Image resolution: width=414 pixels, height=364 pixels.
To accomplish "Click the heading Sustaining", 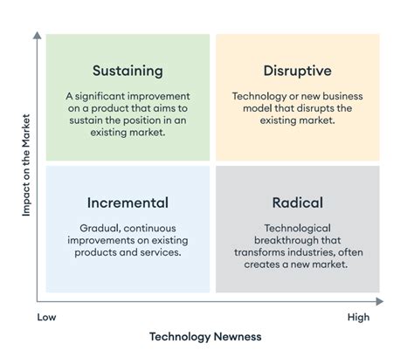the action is pyautogui.click(x=128, y=72).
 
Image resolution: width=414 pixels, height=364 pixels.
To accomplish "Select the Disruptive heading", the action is pyautogui.click(x=298, y=71).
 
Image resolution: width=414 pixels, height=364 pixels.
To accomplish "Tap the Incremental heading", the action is pyautogui.click(x=128, y=203).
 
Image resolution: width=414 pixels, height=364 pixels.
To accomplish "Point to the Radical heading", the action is pyautogui.click(x=298, y=203).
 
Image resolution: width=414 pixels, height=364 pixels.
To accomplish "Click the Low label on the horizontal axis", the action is pyautogui.click(x=46, y=317).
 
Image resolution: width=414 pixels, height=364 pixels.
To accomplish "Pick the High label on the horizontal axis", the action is pyautogui.click(x=358, y=317).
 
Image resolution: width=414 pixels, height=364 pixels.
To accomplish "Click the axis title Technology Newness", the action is pyautogui.click(x=205, y=337).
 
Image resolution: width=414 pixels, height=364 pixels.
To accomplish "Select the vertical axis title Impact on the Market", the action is pyautogui.click(x=26, y=165).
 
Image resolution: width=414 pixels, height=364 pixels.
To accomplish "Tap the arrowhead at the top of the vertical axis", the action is pyautogui.click(x=38, y=35).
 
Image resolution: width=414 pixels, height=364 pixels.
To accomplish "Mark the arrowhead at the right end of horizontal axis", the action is pyautogui.click(x=380, y=301).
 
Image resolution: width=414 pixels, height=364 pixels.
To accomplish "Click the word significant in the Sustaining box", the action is pyautogui.click(x=100, y=97).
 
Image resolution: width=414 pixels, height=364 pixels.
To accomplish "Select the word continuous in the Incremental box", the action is pyautogui.click(x=151, y=229).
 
